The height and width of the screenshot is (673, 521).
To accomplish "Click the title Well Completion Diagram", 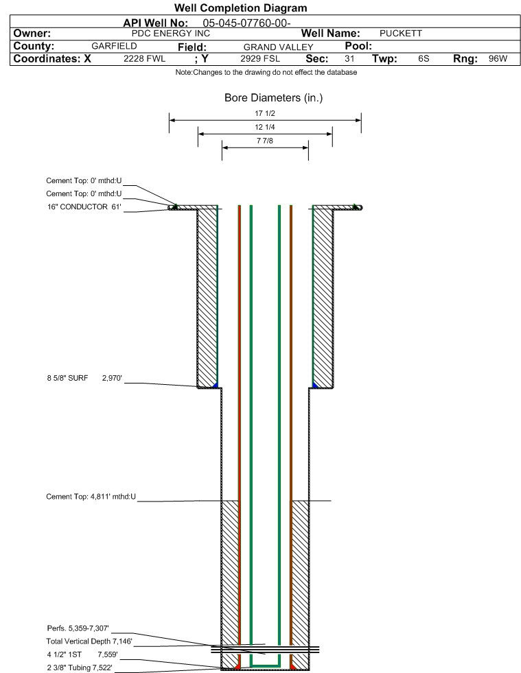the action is click(x=240, y=8).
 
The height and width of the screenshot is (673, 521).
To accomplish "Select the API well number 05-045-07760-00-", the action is click(x=246, y=23).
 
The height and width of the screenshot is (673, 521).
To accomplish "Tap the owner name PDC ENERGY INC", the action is click(x=170, y=34).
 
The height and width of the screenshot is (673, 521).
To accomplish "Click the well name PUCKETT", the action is click(x=401, y=34).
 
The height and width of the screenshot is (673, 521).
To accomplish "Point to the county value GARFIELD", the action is click(x=114, y=46).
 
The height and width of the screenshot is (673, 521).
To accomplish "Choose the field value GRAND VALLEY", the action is click(x=278, y=47).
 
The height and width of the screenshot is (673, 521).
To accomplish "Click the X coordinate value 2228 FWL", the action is click(x=144, y=59).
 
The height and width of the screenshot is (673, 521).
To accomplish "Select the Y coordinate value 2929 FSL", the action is click(x=260, y=59).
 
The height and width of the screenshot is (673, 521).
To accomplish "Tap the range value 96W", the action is click(x=498, y=59).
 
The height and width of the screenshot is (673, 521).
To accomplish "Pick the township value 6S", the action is click(x=424, y=59).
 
